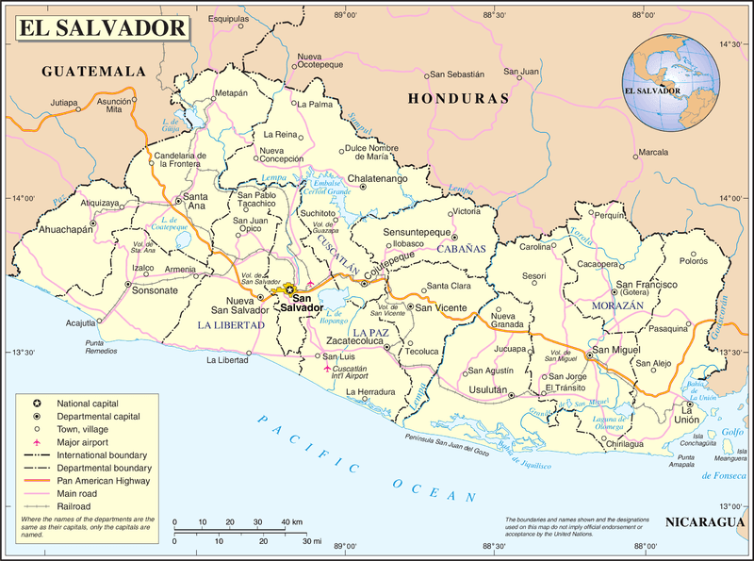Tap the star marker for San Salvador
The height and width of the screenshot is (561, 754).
click(x=291, y=289)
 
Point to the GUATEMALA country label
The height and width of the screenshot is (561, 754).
click(x=94, y=72)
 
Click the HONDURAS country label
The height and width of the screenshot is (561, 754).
click(x=458, y=98)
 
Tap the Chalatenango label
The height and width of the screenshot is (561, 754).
click(x=377, y=177)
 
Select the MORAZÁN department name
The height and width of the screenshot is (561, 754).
click(x=616, y=306)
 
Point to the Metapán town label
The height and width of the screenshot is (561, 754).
click(x=231, y=93)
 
